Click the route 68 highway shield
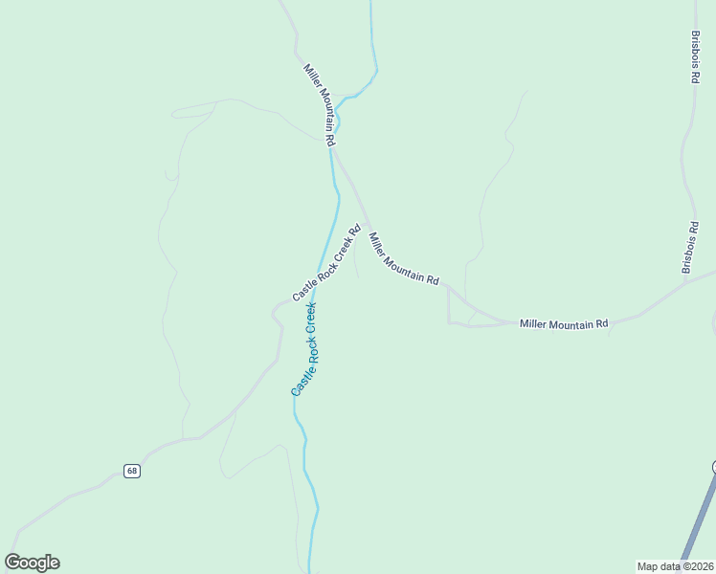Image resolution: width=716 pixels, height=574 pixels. (x=132, y=471)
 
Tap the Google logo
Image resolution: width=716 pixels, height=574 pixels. (x=33, y=563)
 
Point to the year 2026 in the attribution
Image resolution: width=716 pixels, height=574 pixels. (x=701, y=565)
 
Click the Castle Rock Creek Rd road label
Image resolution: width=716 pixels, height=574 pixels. (x=326, y=263)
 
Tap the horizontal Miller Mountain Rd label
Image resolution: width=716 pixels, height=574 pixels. (x=564, y=324)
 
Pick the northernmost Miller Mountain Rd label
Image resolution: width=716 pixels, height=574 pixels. (x=320, y=105)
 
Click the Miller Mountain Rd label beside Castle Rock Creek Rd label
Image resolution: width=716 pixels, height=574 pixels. (x=404, y=259)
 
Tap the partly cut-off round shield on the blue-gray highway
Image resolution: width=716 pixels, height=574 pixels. (x=713, y=467)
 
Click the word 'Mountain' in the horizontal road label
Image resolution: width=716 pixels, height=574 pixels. (x=566, y=324)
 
